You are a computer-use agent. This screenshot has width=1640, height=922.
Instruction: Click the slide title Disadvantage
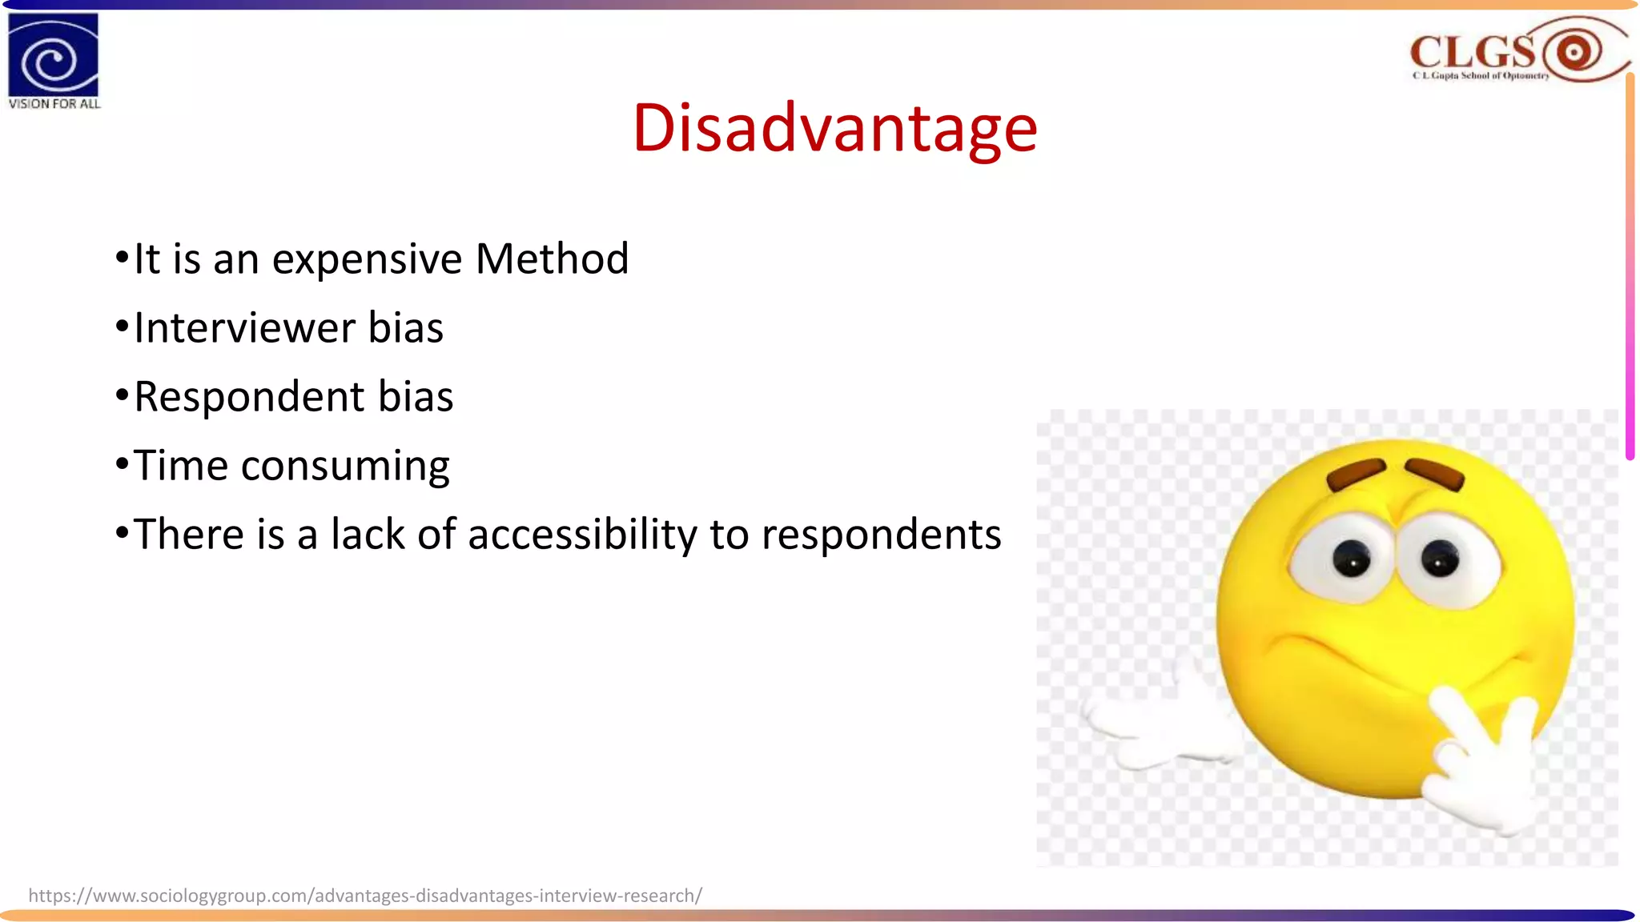point(834,128)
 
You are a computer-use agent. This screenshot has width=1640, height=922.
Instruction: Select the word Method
point(552,259)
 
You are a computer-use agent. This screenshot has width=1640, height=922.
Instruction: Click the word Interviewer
point(243,328)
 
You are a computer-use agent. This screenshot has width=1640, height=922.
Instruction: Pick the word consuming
point(345,467)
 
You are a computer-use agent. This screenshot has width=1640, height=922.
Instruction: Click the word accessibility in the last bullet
point(582,535)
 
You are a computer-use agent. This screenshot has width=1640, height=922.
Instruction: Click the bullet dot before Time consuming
point(122,464)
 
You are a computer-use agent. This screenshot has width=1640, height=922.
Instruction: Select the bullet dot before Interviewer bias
point(122,327)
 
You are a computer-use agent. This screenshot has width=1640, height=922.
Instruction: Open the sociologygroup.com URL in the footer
point(365,896)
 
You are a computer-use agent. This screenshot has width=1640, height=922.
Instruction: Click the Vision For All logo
point(53,54)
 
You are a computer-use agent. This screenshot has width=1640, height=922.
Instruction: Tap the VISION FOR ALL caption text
point(54,104)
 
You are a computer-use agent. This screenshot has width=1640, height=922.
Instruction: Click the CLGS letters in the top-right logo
point(1472,53)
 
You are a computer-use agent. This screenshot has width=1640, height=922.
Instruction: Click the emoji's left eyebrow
point(1356,474)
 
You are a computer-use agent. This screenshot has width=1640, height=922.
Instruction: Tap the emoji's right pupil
point(1439,558)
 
